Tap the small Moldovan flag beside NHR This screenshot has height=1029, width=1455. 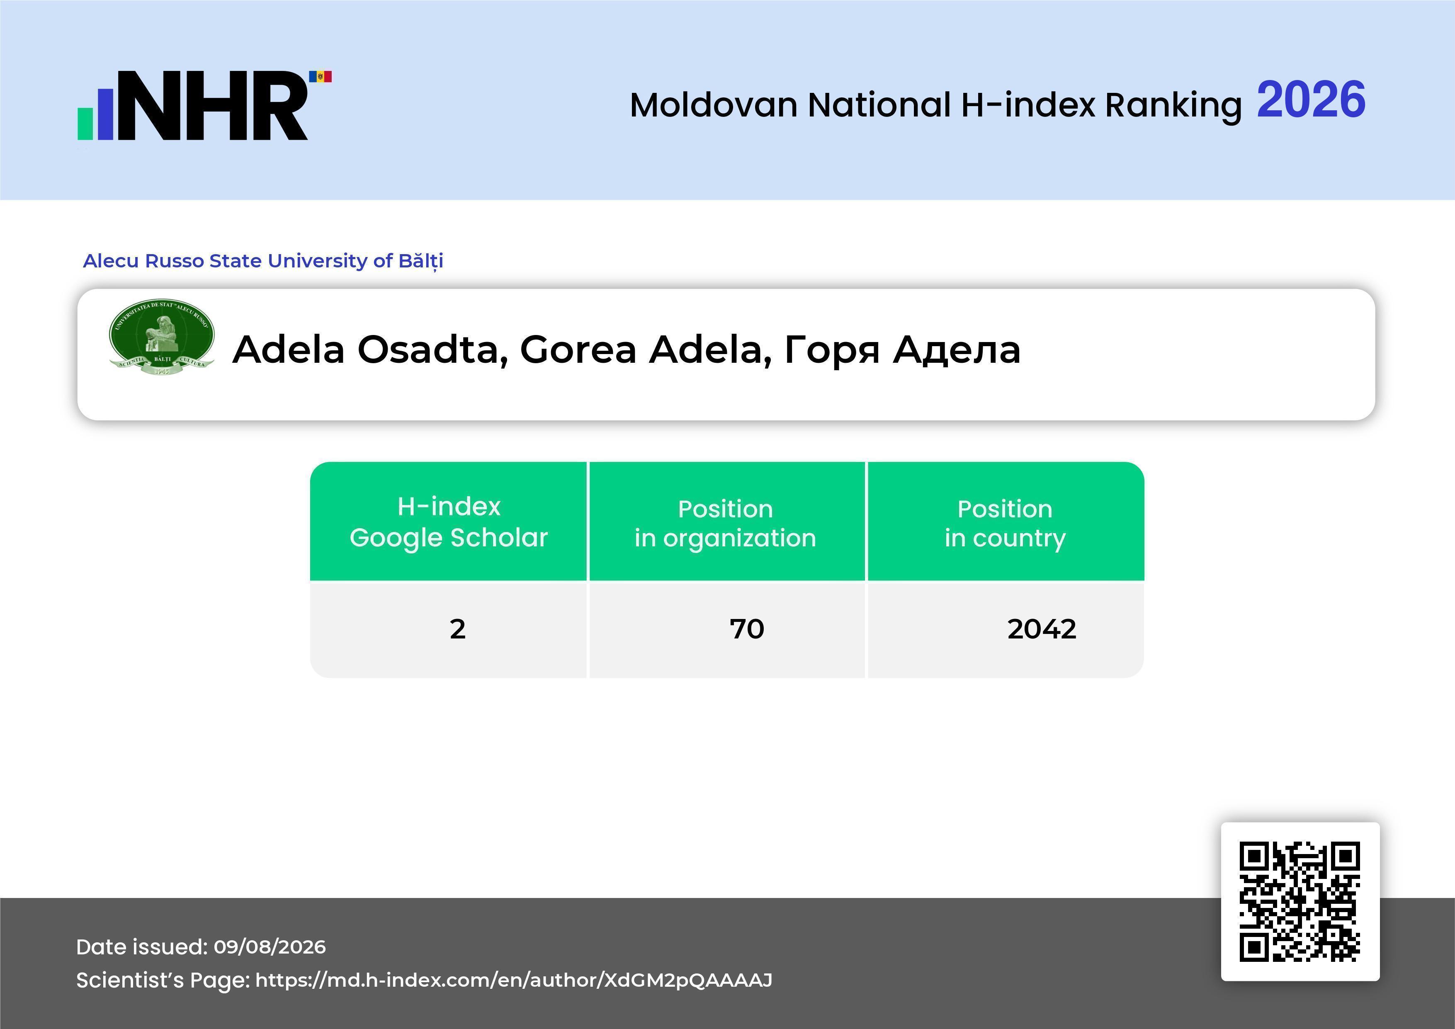tap(320, 77)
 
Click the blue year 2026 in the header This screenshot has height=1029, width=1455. tap(1311, 100)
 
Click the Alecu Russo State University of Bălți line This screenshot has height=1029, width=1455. tap(263, 260)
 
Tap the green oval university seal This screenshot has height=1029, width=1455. tap(162, 337)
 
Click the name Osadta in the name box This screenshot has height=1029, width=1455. tap(433, 350)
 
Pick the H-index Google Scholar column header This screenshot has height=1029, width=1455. tap(449, 522)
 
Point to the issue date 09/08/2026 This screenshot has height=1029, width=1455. tap(270, 946)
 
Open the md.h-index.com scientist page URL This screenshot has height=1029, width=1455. tap(514, 980)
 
